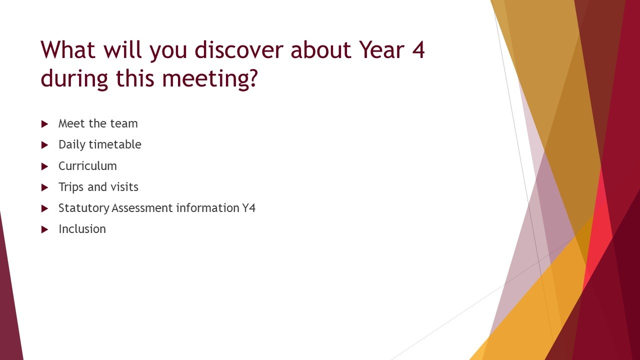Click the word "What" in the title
click(68, 49)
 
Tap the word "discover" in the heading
click(239, 49)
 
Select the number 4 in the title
click(418, 50)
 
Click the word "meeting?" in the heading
click(210, 78)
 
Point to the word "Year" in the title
click(381, 50)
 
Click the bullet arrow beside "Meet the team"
click(44, 124)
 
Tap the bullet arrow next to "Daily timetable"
click(44, 145)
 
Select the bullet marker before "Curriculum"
click(44, 166)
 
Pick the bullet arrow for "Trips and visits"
click(44, 187)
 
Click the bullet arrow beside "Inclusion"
click(44, 229)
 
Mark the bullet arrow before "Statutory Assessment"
click(44, 208)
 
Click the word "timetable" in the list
click(115, 144)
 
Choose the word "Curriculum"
click(87, 166)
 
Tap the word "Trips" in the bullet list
click(71, 187)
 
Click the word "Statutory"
click(84, 208)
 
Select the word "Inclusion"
click(82, 229)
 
